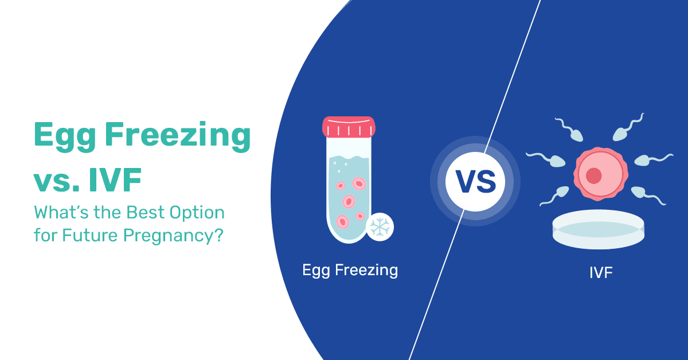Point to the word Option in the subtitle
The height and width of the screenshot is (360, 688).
(x=194, y=213)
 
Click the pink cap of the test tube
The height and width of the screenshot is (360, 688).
(x=349, y=127)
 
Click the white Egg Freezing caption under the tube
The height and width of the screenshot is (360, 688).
(x=350, y=270)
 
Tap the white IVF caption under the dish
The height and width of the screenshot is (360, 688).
(x=601, y=272)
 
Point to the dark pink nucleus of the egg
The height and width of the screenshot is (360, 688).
(x=594, y=175)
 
